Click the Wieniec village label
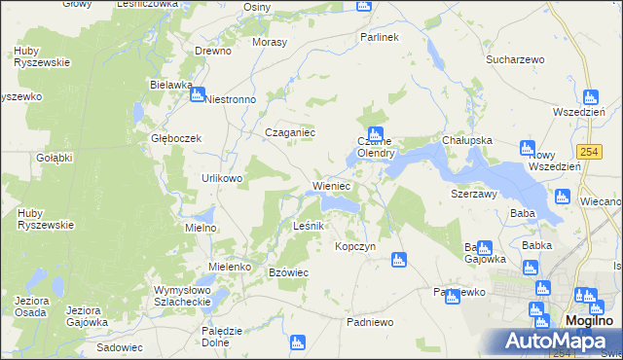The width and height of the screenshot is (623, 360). (331, 185)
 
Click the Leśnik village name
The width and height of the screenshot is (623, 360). (313, 226)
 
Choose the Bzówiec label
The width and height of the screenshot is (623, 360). (288, 272)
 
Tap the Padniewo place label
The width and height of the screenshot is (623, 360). (370, 321)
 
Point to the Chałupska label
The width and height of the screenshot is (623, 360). (467, 140)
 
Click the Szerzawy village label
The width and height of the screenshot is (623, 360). (474, 194)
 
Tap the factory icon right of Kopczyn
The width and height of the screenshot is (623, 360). (397, 260)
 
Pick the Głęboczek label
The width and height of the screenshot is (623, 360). (175, 138)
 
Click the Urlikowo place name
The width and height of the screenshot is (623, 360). (222, 179)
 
